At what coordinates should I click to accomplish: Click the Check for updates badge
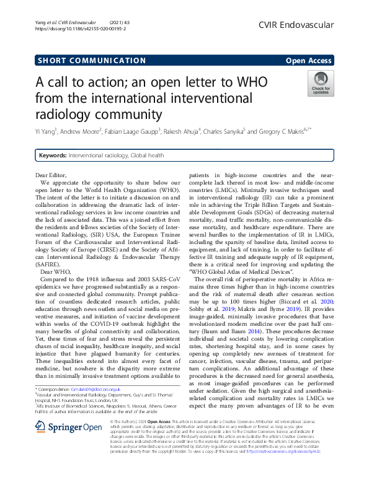coord(320,83)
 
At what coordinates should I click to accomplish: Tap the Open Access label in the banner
coord(310,61)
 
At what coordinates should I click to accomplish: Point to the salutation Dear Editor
coord(49,176)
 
